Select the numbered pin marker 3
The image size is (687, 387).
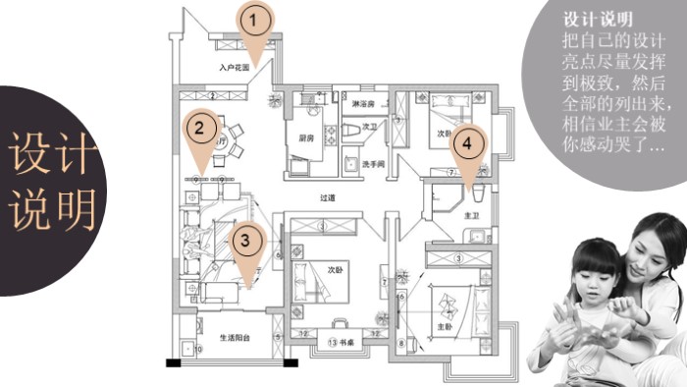click(x=246, y=238)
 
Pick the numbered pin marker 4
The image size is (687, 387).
click(x=467, y=143)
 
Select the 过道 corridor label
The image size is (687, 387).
click(x=328, y=198)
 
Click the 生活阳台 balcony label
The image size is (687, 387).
click(x=235, y=337)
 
